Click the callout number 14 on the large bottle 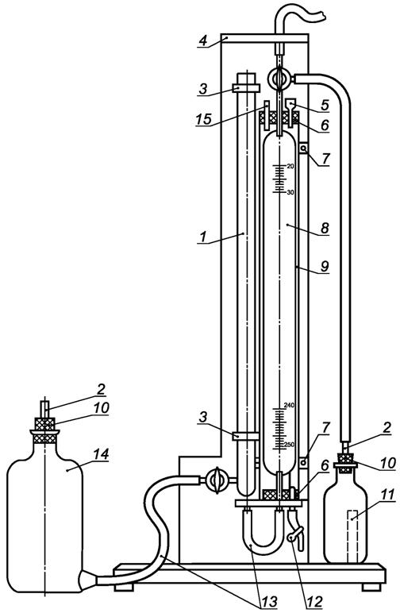[x=101, y=454]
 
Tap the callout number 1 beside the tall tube [x=203, y=237]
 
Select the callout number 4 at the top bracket [x=202, y=40]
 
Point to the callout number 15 [x=203, y=119]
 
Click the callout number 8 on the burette [x=325, y=105]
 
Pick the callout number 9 [x=325, y=266]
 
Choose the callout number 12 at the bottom [x=315, y=602]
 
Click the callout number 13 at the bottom [x=269, y=602]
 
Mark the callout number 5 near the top [x=325, y=105]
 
